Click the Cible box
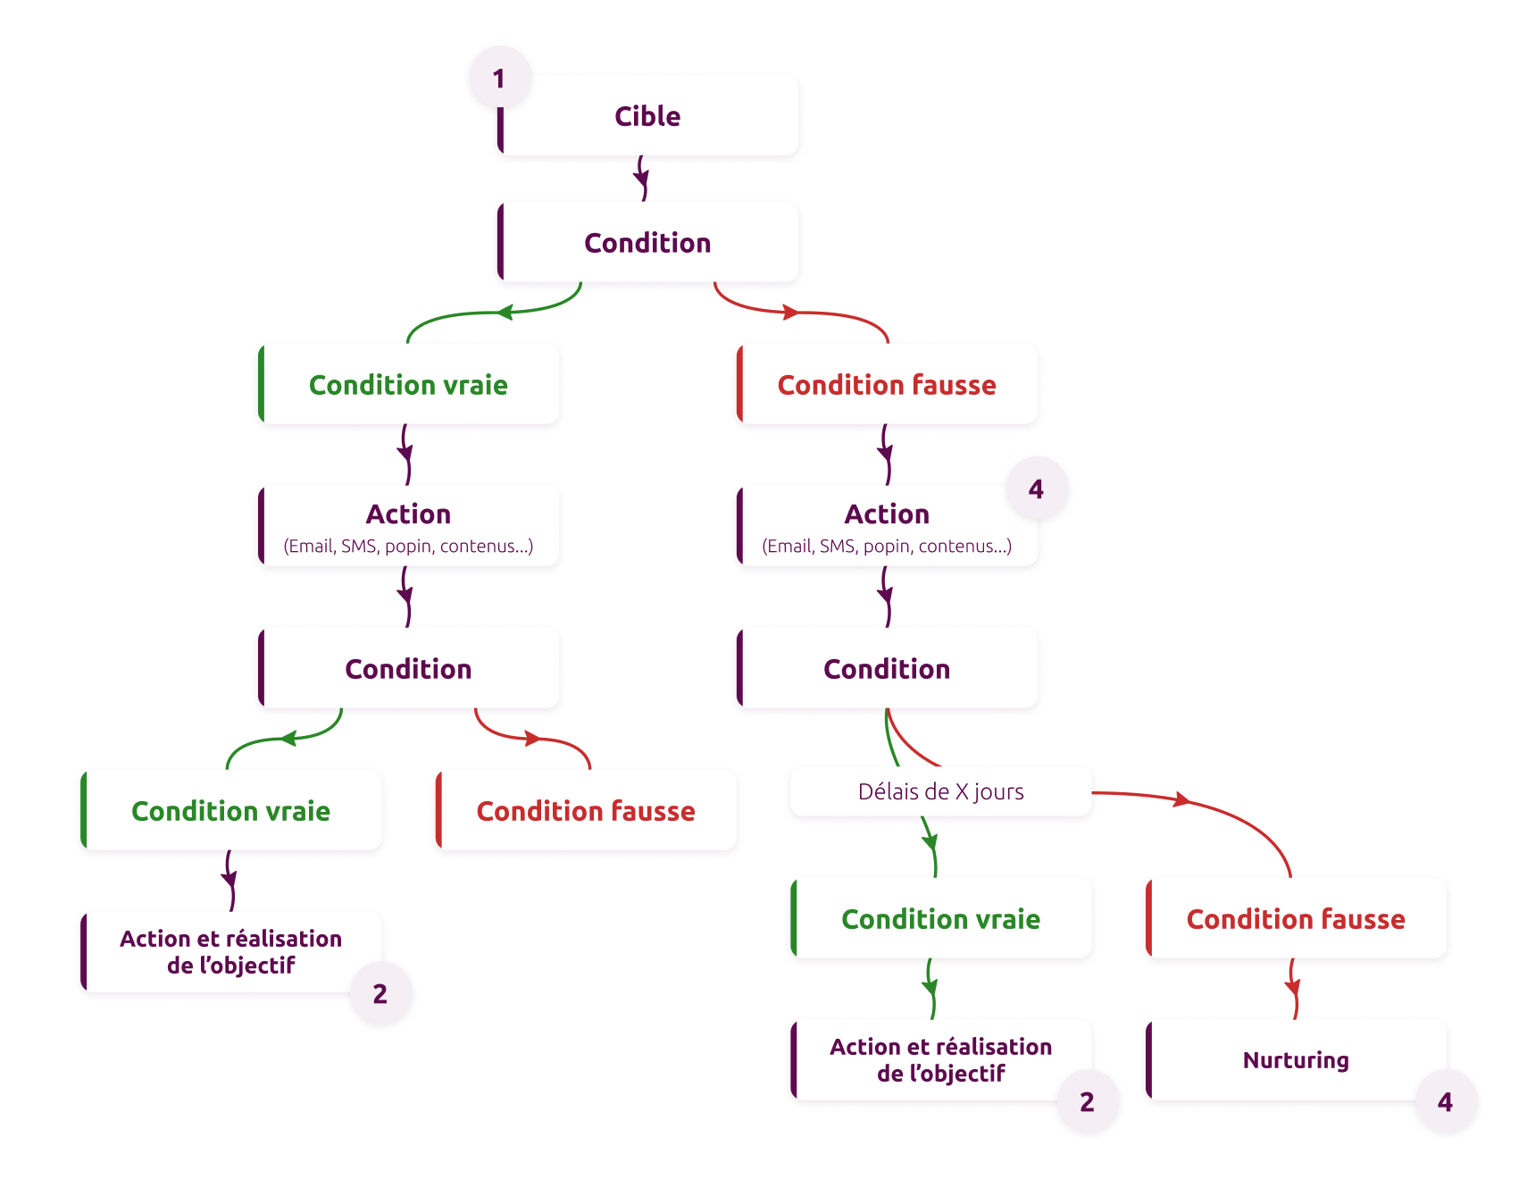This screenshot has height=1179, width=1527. [x=647, y=116]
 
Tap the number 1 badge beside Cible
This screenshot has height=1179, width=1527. [x=499, y=79]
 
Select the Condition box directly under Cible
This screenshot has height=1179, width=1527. [x=647, y=243]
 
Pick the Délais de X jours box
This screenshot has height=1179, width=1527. [x=940, y=791]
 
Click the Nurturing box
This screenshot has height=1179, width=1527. [x=1296, y=1060]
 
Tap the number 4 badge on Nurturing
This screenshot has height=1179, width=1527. [x=1445, y=1102]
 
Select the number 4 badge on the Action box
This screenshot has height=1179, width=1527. [x=1036, y=489]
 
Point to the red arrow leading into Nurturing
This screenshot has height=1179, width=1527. [x=1293, y=989]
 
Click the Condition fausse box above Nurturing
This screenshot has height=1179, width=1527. [x=1296, y=919]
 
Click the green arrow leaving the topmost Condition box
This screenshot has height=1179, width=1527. [x=500, y=313]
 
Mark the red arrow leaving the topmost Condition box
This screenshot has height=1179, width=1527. [x=795, y=313]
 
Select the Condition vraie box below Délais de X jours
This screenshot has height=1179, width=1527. [x=940, y=919]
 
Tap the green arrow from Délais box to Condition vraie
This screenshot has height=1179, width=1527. [x=931, y=845]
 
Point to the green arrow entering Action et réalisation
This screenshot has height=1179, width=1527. [x=930, y=989]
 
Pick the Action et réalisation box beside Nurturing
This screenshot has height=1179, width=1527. [x=940, y=1060]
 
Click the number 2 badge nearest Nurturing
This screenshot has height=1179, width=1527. [x=1087, y=1102]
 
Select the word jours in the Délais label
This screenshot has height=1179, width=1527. [x=998, y=792]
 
